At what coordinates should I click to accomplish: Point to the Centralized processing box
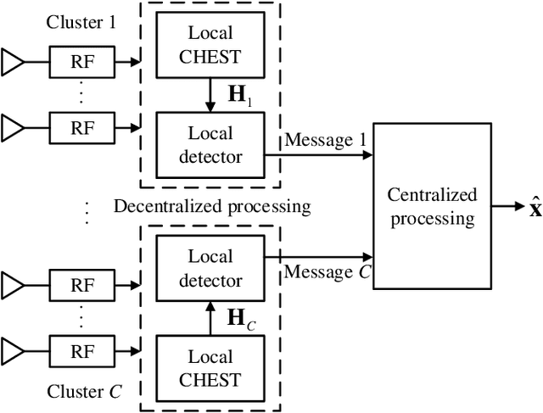click(x=432, y=206)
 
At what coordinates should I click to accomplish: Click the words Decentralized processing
click(x=212, y=206)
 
